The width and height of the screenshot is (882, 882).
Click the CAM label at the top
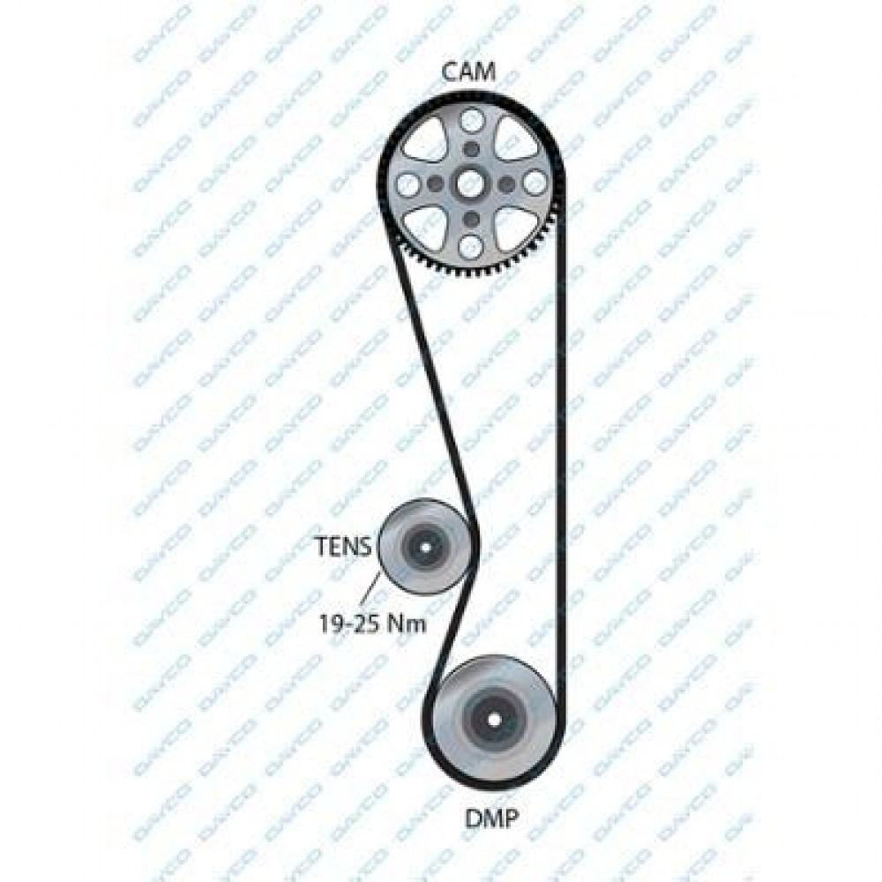pyautogui.click(x=468, y=72)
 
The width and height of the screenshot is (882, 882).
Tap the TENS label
pyautogui.click(x=343, y=546)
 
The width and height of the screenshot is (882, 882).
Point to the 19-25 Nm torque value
pyautogui.click(x=373, y=623)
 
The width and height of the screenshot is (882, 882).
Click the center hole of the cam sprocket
pyautogui.click(x=470, y=183)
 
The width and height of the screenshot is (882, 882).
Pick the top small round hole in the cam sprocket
pyautogui.click(x=471, y=120)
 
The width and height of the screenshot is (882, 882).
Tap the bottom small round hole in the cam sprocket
pyautogui.click(x=471, y=246)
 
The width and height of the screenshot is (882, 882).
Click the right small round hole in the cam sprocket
pyautogui.click(x=534, y=183)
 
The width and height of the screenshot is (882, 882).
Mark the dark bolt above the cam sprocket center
pyautogui.click(x=471, y=149)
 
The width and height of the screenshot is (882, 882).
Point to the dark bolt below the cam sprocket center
pyautogui.click(x=471, y=218)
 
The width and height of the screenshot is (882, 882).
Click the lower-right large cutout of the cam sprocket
pyautogui.click(x=513, y=226)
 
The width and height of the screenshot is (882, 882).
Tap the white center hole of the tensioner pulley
pyautogui.click(x=425, y=546)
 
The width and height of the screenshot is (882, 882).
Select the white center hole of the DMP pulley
pyautogui.click(x=493, y=720)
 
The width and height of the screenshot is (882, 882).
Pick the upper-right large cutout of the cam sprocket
pyautogui.click(x=513, y=140)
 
